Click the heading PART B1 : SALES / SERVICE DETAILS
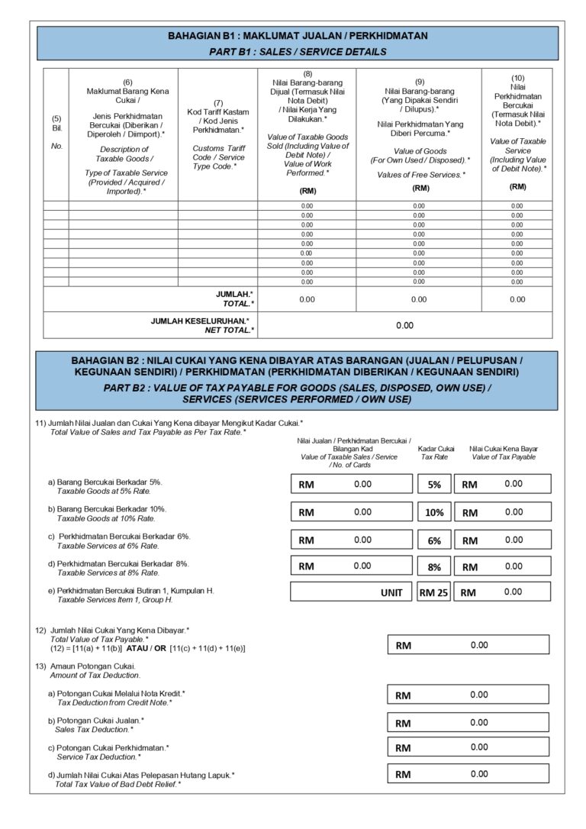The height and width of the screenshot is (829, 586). click(298, 52)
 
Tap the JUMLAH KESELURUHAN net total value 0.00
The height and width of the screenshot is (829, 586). click(404, 325)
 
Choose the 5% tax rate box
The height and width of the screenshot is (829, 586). click(434, 484)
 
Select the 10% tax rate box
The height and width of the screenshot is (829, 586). click(434, 512)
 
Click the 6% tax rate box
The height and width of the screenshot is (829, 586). click(434, 540)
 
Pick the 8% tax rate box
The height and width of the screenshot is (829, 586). click(434, 566)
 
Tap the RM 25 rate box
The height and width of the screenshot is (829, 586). click(434, 592)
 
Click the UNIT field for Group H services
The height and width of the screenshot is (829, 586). click(352, 592)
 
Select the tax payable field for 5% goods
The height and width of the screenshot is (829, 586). click(503, 484)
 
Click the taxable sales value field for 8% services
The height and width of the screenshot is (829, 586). click(352, 566)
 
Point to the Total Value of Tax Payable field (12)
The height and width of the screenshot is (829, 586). click(468, 645)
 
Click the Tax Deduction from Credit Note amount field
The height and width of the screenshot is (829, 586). click(468, 695)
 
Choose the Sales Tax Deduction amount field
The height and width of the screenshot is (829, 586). click(468, 722)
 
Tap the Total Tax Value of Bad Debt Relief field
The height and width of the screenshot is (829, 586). click(468, 774)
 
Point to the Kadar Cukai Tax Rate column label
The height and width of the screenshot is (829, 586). click(437, 453)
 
